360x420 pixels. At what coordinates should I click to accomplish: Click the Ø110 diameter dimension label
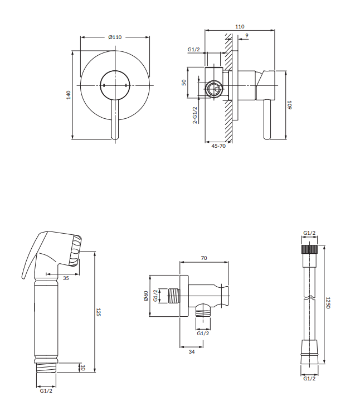[115, 37]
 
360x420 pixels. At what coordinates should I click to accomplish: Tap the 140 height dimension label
[69, 95]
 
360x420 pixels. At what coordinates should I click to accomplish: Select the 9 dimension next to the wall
[246, 35]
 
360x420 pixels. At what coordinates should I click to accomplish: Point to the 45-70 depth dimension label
[218, 146]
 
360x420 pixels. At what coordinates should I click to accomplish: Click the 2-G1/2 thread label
[195, 115]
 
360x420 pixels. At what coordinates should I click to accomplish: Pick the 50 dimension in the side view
[183, 83]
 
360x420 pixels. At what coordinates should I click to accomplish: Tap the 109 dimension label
[289, 105]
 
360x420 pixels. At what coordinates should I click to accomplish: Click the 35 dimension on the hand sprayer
[66, 278]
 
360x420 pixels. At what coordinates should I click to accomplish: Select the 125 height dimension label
[98, 312]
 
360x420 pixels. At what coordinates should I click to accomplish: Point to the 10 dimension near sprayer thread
[83, 368]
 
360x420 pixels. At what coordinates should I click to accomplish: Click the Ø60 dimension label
[146, 296]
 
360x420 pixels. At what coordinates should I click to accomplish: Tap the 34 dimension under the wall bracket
[192, 352]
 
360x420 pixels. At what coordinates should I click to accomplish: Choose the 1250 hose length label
[328, 303]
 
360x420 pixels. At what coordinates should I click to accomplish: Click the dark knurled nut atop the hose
[309, 249]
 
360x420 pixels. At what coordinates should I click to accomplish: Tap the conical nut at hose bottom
[309, 352]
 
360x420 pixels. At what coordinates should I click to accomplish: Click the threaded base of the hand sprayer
[46, 368]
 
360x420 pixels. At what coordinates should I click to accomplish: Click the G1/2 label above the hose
[309, 233]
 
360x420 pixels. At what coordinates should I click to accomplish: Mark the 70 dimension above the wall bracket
[204, 258]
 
